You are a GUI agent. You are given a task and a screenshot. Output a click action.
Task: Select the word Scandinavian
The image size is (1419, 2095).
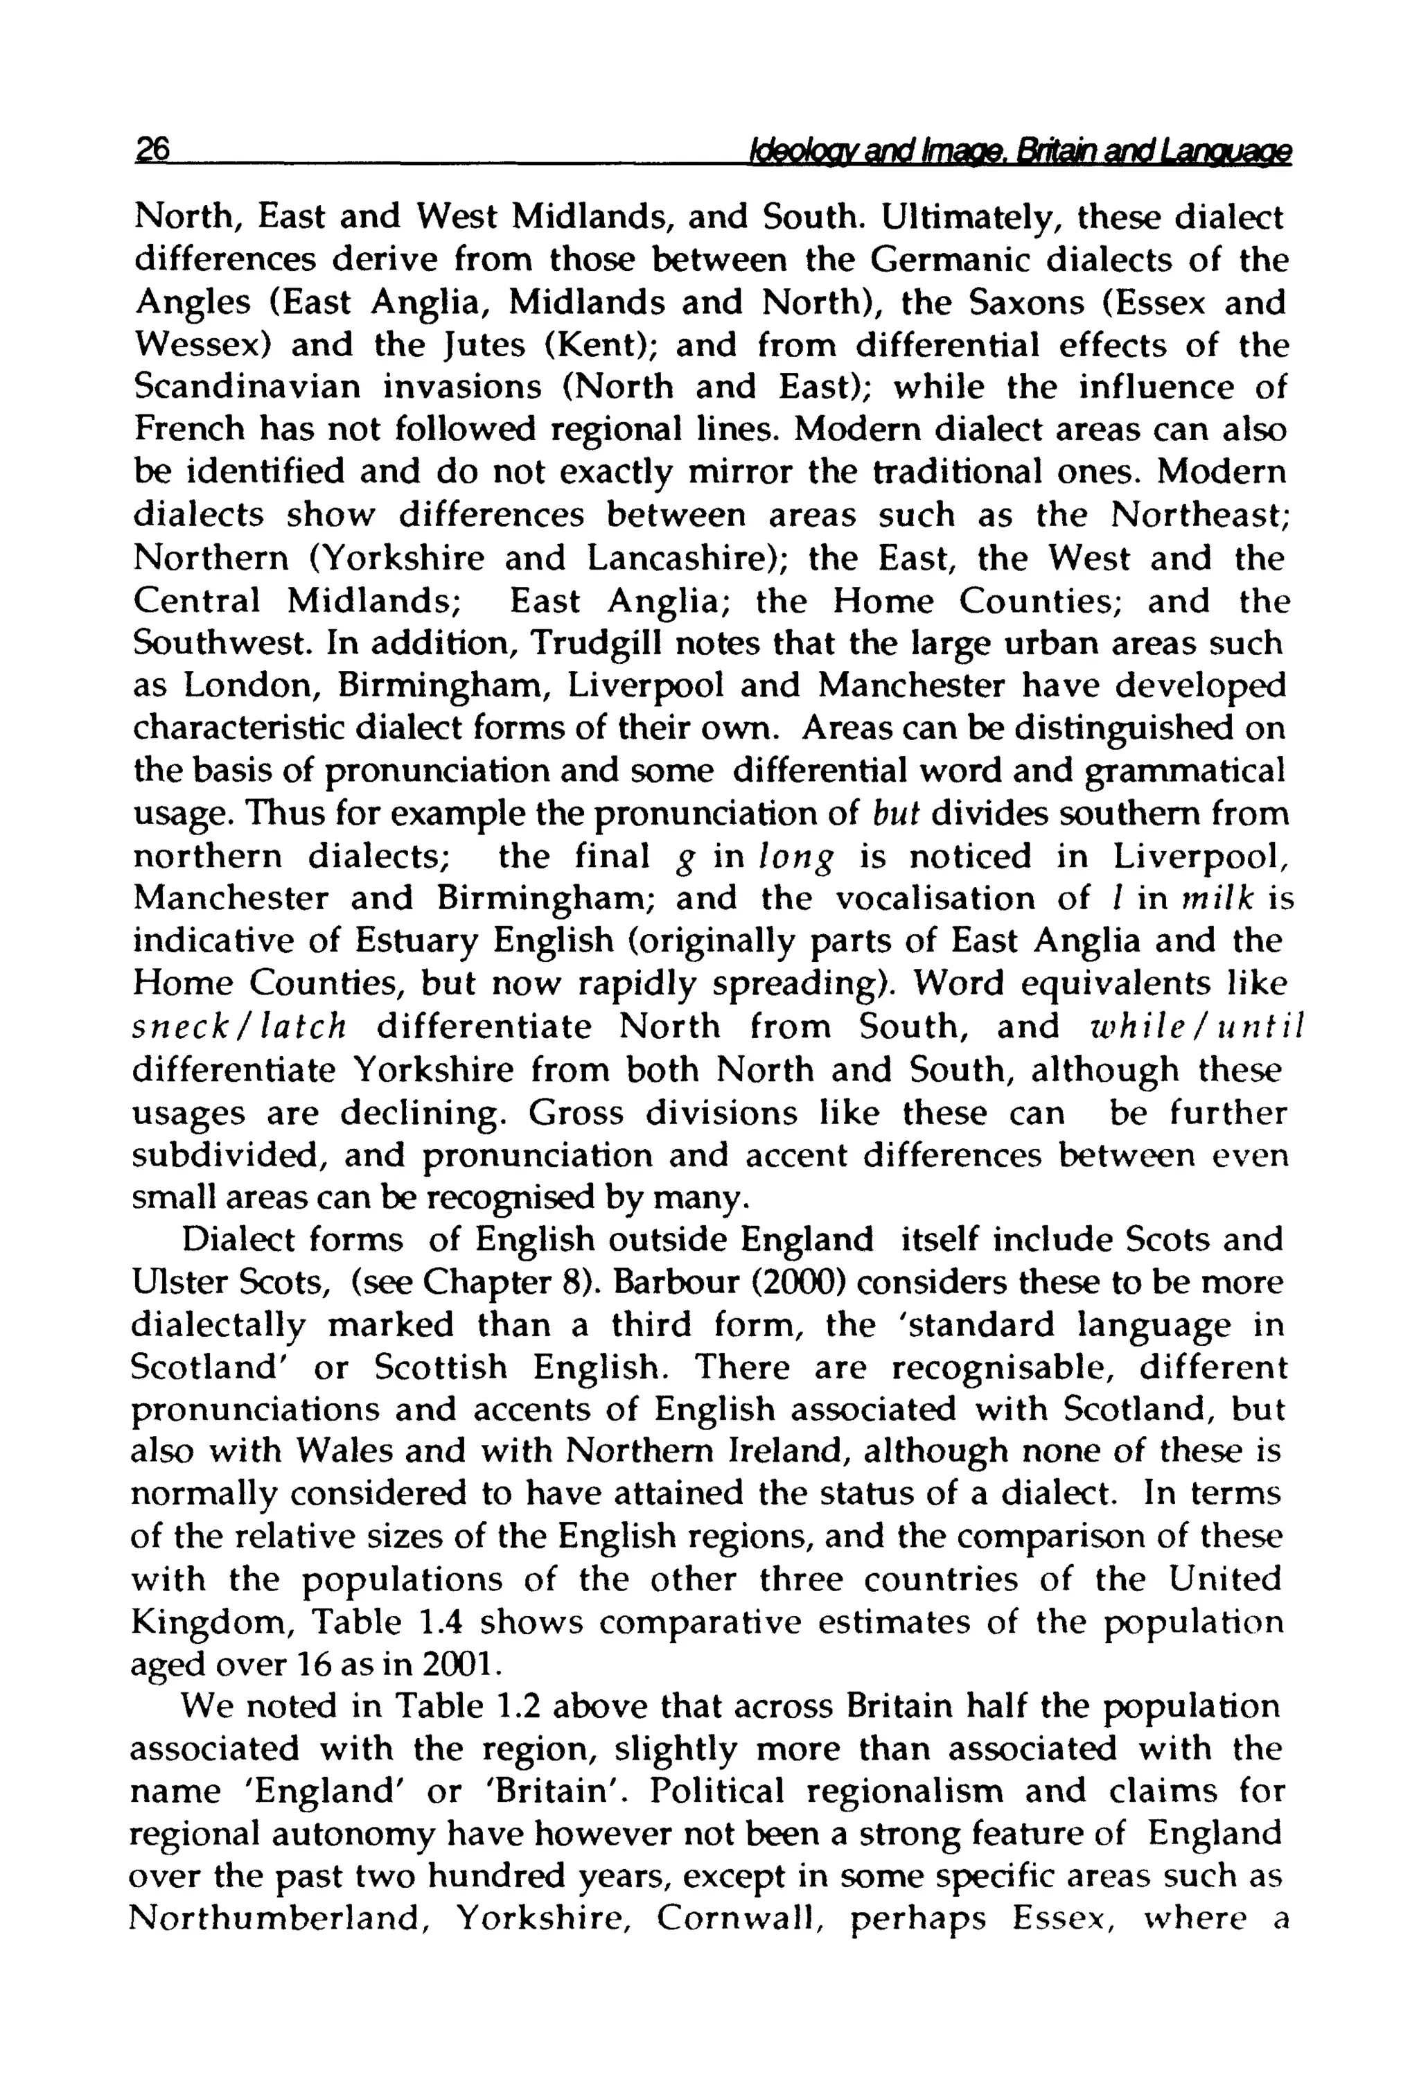click(x=247, y=387)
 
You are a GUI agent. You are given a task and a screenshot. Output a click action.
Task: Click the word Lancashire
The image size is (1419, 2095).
click(x=682, y=559)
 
